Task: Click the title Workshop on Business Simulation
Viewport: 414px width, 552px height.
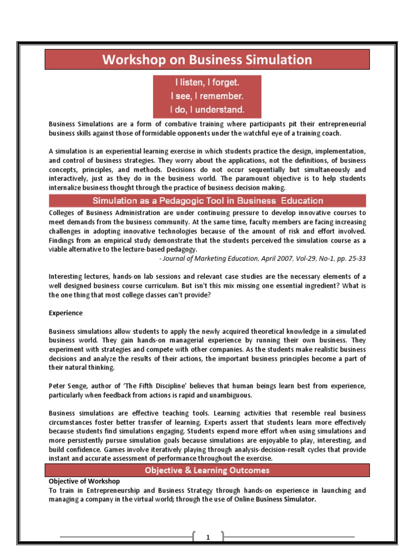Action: tap(207, 59)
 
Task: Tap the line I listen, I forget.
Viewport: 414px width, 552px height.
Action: tap(207, 84)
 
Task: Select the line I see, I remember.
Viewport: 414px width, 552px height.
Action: tap(207, 97)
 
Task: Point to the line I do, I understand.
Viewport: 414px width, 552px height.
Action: tap(207, 110)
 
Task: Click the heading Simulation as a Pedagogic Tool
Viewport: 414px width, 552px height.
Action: tap(208, 201)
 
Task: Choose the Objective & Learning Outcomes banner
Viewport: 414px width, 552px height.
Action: tap(207, 471)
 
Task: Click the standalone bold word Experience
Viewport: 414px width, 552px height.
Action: tap(66, 313)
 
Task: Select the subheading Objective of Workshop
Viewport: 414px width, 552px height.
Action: tap(84, 481)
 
